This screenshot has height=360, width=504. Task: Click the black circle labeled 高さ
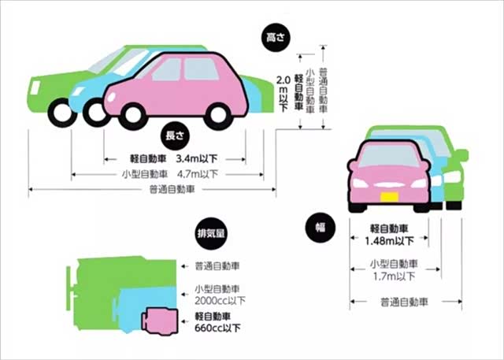tap(275, 37)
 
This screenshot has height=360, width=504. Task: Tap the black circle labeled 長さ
tap(175, 132)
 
